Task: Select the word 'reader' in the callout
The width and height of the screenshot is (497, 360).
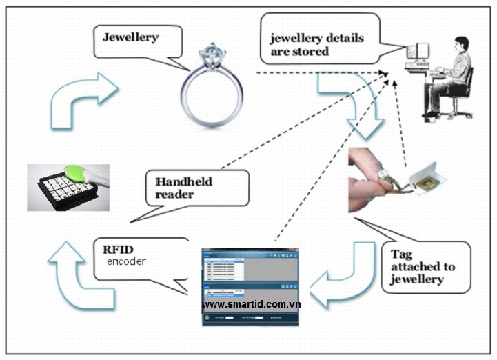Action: coord(175,194)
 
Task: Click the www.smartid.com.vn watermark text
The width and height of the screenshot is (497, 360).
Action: coord(252,303)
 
